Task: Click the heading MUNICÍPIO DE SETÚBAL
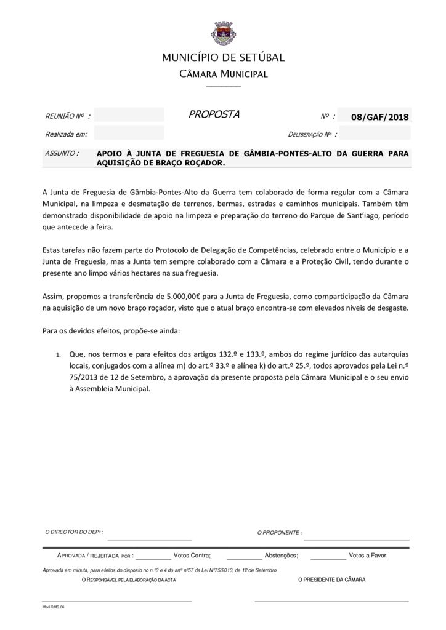coord(223,58)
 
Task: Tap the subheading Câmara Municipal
coord(223,74)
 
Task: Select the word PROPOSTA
coord(214,114)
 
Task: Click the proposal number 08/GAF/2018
coord(379,116)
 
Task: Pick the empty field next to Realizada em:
coord(129,133)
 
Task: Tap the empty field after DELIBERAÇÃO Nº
coord(375,133)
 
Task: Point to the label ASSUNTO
coord(62,153)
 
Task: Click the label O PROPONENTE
coord(279,532)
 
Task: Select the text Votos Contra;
coord(192,555)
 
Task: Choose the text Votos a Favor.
coord(368,555)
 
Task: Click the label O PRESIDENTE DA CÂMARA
coord(331,580)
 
